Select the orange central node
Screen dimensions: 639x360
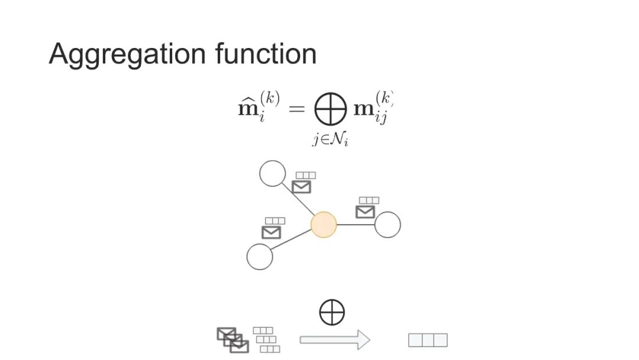coord(324,225)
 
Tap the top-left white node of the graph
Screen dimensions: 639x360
coord(272,173)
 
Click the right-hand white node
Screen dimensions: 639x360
coord(388,225)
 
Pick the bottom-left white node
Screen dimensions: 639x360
coord(260,257)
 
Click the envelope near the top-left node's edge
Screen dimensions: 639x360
coord(302,187)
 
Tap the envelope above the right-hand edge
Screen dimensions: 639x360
coord(365,211)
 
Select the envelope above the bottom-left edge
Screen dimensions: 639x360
coord(271,232)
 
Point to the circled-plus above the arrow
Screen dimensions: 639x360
coord(332,313)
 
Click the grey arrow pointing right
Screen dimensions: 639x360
coord(335,340)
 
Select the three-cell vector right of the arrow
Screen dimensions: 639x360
coord(428,340)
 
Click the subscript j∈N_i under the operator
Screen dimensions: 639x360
coord(330,140)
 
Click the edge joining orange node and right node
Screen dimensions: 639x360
coord(356,225)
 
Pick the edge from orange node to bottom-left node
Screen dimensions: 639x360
coord(292,240)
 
